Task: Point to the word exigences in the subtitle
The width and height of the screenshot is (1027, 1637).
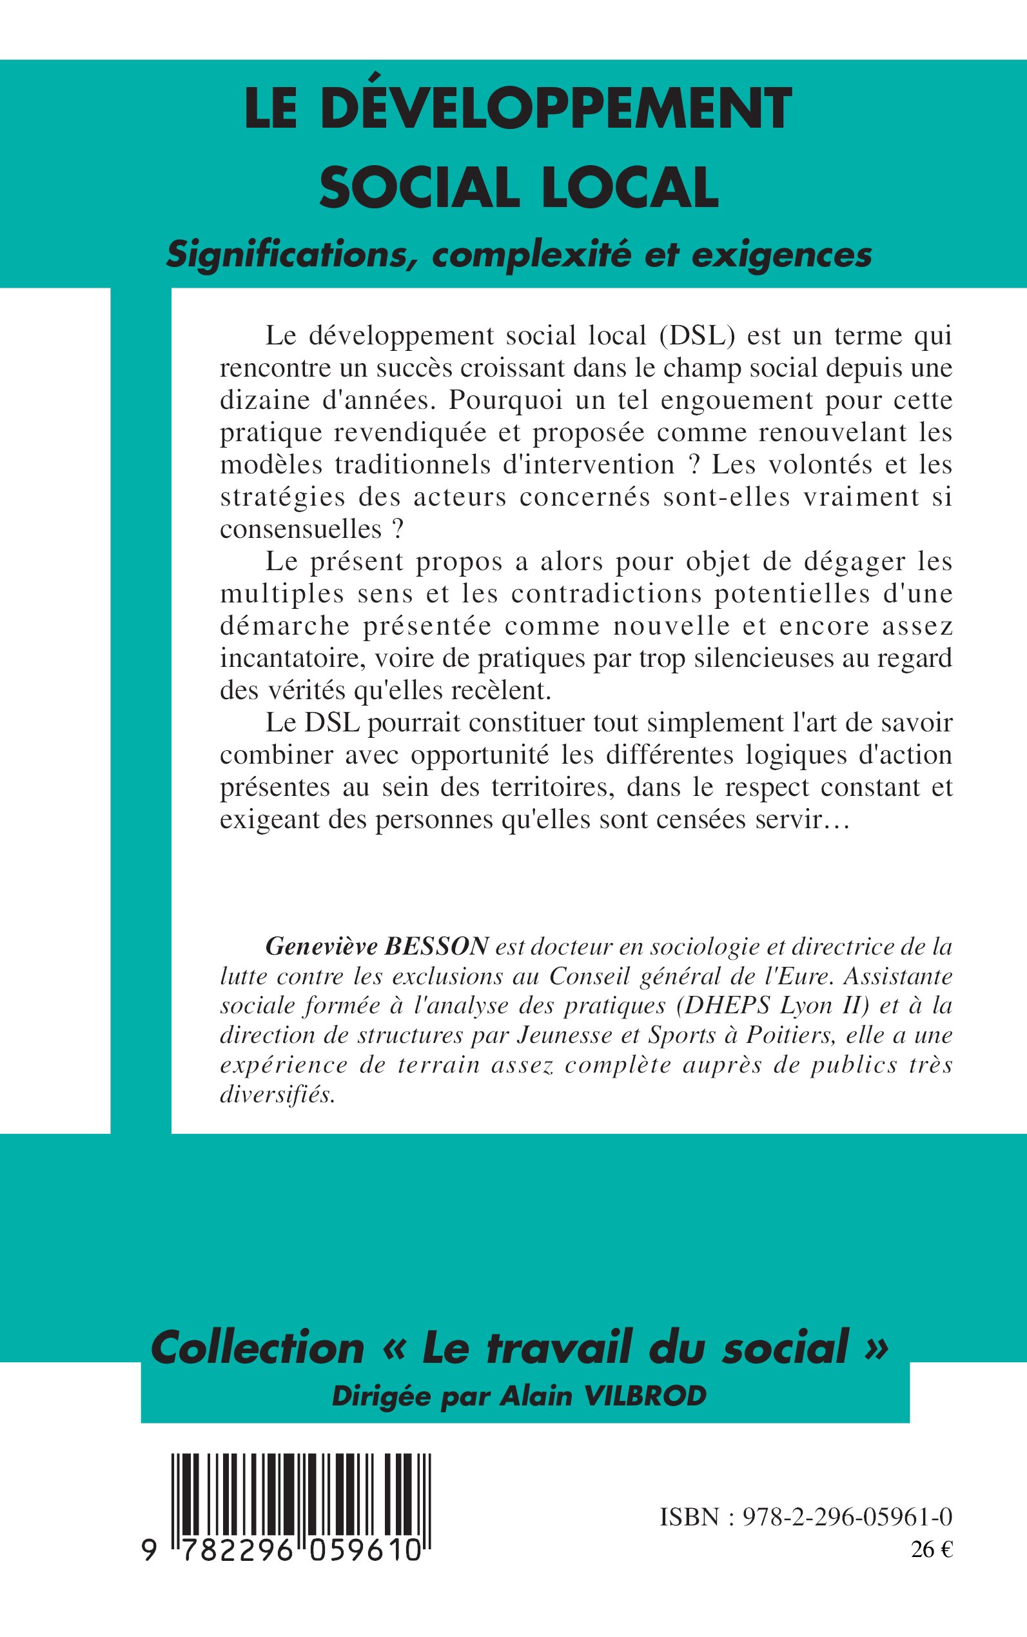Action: tap(781, 255)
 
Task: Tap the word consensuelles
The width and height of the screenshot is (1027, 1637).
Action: tap(301, 529)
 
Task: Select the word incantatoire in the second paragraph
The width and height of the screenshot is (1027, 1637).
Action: tap(293, 659)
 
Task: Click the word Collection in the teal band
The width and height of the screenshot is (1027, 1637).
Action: tap(257, 1347)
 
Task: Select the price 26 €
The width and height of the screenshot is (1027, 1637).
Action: tap(932, 1549)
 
